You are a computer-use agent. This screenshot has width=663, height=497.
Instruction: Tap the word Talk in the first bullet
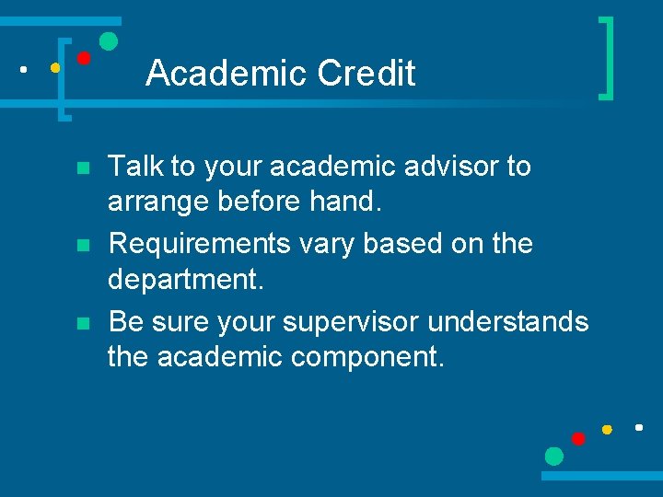click(134, 167)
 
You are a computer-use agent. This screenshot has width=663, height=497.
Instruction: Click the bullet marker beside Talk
click(82, 169)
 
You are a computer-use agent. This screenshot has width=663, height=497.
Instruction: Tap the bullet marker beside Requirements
click(82, 247)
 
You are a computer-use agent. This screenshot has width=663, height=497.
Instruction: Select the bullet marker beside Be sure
click(82, 324)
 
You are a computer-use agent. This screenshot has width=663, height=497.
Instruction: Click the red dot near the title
click(83, 58)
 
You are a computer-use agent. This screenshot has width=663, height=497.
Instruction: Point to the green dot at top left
click(108, 41)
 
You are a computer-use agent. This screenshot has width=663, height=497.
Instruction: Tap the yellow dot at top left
click(55, 67)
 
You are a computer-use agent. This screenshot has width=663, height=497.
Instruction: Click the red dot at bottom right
click(578, 439)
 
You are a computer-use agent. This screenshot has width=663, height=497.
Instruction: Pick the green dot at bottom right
click(553, 456)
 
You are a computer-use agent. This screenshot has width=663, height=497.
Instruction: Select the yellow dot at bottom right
click(607, 430)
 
